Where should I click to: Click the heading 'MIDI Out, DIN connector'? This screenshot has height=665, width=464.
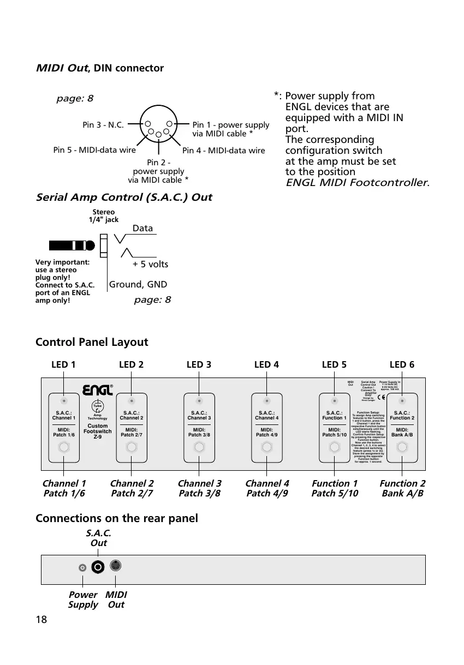click(99, 68)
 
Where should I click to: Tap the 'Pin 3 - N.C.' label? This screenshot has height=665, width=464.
click(103, 124)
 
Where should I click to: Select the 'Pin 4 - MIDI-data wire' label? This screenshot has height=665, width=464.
click(223, 151)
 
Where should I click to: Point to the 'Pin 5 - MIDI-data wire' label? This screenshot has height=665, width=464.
click(94, 149)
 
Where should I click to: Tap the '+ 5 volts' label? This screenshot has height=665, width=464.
click(151, 264)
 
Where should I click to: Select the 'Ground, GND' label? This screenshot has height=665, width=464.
click(138, 284)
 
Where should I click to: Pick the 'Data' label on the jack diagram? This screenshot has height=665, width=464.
click(142, 228)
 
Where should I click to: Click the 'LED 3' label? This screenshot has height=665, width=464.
click(199, 365)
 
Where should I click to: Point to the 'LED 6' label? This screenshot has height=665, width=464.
click(402, 365)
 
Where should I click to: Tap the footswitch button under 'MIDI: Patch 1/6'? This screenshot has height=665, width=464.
click(64, 448)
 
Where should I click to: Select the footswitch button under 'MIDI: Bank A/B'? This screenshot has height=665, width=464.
click(402, 448)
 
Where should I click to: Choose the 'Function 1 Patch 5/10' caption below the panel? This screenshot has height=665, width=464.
click(335, 488)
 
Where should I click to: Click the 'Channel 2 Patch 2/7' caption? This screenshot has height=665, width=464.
click(132, 488)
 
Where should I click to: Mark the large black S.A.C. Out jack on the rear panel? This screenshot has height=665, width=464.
click(98, 567)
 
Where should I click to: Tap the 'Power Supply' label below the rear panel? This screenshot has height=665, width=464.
click(83, 600)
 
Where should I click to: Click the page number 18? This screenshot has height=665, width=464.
click(41, 619)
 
